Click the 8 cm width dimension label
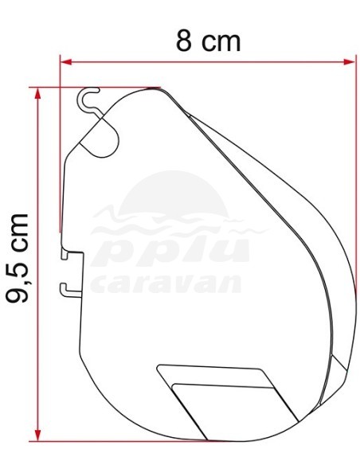[x=208, y=40]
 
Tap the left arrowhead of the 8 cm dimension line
[x=66, y=61]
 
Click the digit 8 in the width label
[x=185, y=40]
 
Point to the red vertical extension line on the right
[x=354, y=175]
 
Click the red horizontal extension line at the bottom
[x=119, y=440]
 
